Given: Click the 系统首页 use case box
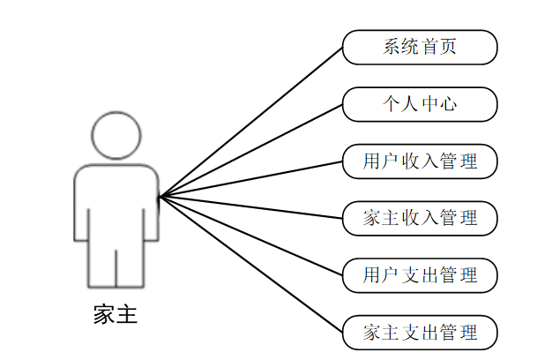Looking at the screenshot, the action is tap(420, 48).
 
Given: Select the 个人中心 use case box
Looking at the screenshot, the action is tap(420, 104).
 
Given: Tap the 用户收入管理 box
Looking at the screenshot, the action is tap(420, 161).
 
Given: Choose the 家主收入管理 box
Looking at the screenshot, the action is tap(420, 218).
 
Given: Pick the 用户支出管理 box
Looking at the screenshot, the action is tap(420, 275).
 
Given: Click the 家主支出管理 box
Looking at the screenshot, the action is tap(420, 333).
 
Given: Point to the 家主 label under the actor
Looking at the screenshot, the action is tap(116, 315).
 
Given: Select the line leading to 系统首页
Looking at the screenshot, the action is tap(251, 122).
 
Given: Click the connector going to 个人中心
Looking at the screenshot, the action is tap(251, 150).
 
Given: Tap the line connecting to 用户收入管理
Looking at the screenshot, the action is tap(251, 179).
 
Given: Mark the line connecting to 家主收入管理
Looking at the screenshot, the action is tap(251, 207).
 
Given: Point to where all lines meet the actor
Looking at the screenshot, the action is tap(160, 197).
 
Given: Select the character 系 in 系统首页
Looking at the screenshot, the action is tap(391, 48).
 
